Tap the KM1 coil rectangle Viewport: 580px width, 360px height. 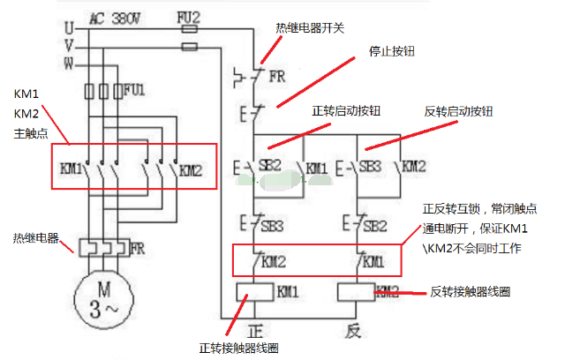coord(255,291)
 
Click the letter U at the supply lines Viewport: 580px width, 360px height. coord(69,28)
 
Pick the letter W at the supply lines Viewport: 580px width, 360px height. coord(69,63)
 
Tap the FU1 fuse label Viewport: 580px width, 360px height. coord(134,89)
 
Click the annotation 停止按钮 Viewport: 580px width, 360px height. coord(392,51)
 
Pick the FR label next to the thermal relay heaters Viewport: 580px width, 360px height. coord(137,249)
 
